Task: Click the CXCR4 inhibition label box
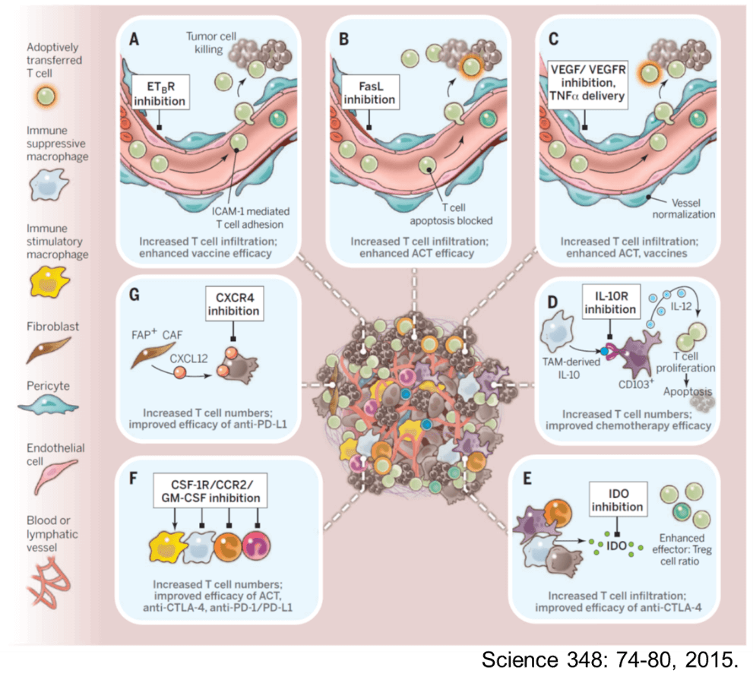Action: [235, 308]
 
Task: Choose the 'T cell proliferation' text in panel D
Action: [688, 362]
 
